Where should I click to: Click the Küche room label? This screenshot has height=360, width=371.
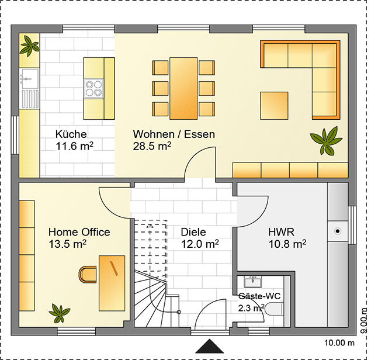pyautogui.click(x=71, y=134)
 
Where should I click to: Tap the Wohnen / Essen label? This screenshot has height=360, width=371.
pyautogui.click(x=174, y=134)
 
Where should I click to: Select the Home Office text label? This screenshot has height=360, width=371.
pyautogui.click(x=79, y=232)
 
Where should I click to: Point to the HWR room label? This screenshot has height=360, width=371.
pyautogui.click(x=282, y=232)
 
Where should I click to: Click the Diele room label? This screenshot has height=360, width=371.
pyautogui.click(x=193, y=232)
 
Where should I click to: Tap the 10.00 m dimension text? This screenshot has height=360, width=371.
pyautogui.click(x=339, y=342)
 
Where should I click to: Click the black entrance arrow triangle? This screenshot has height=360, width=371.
pyautogui.click(x=210, y=347)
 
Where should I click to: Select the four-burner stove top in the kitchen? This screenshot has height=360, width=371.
pyautogui.click(x=93, y=88)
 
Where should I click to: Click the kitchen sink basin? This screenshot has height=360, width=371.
pyautogui.click(x=29, y=77)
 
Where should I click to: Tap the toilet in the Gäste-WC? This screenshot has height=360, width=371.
pyautogui.click(x=274, y=309)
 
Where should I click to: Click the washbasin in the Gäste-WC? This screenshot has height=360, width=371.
pyautogui.click(x=253, y=282)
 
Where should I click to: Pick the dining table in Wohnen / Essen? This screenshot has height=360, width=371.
pyautogui.click(x=183, y=88)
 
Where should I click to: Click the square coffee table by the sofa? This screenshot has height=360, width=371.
pyautogui.click(x=274, y=106)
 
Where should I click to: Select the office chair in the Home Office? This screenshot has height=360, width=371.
pyautogui.click(x=88, y=275)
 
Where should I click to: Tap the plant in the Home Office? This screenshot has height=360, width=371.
pyautogui.click(x=60, y=314)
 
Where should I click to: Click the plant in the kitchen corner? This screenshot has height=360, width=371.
pyautogui.click(x=29, y=46)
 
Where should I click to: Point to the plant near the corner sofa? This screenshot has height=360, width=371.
pyautogui.click(x=327, y=141)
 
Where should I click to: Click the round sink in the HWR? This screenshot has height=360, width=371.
pyautogui.click(x=338, y=231)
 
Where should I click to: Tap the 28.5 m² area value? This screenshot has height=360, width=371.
pyautogui.click(x=152, y=146)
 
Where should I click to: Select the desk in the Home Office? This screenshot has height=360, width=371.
pyautogui.click(x=112, y=283)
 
